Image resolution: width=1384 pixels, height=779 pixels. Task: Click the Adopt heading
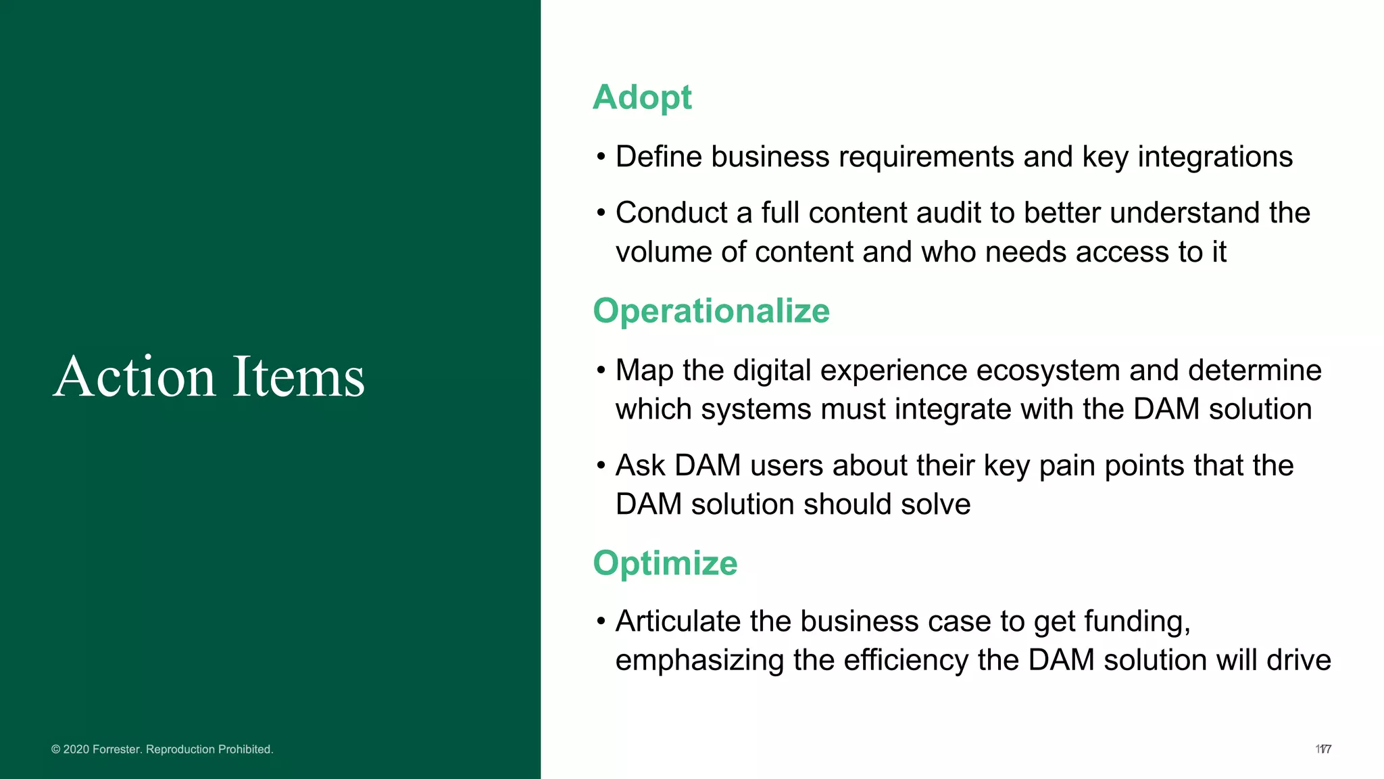(641, 97)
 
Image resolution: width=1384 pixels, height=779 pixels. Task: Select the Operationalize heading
(711, 311)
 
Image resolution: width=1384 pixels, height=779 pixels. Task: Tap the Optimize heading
(665, 563)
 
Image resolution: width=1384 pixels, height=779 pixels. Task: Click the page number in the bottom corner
(1323, 749)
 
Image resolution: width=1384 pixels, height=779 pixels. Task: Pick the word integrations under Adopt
(1214, 157)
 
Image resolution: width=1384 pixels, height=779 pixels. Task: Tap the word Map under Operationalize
(644, 371)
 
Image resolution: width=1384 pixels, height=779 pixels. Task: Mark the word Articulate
(678, 621)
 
